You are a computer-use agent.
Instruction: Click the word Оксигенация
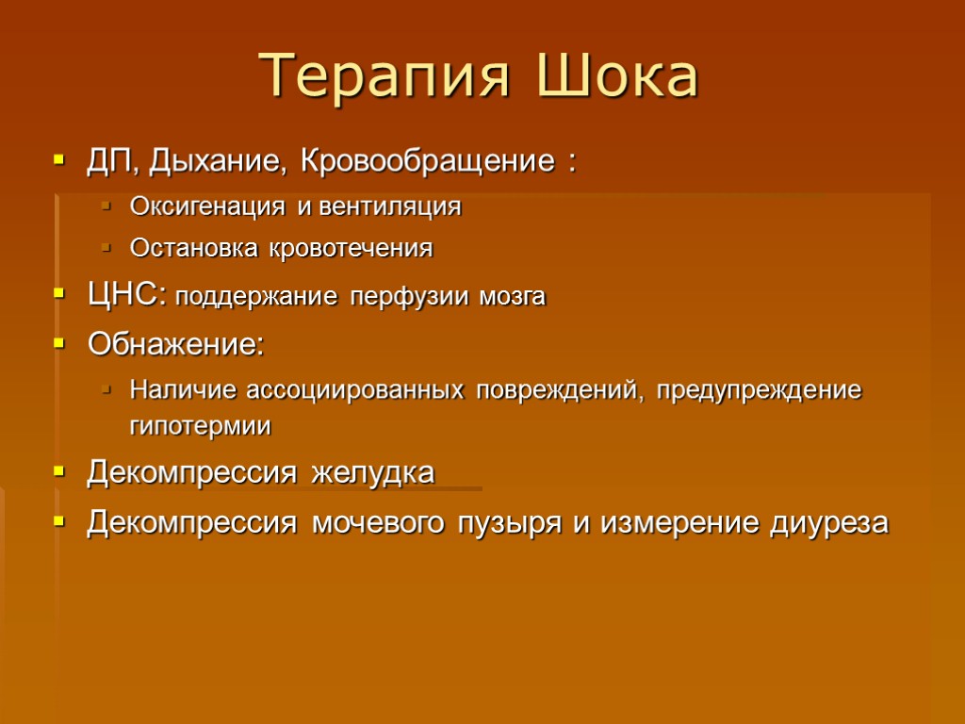(x=194, y=206)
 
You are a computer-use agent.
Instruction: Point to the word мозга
(x=512, y=298)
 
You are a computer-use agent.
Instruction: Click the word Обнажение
(x=174, y=344)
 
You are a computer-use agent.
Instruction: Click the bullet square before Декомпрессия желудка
(x=60, y=472)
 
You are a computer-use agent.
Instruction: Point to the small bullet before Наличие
(x=106, y=388)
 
